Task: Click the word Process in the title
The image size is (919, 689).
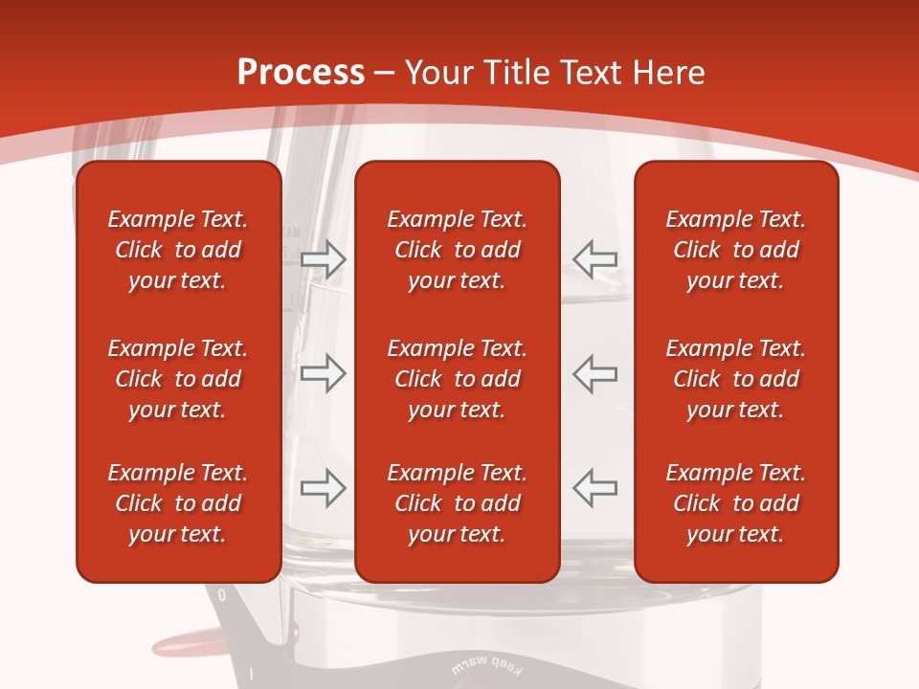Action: [x=301, y=73]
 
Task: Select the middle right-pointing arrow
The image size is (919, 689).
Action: [x=323, y=373]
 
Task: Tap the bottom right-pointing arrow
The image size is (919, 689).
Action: [x=323, y=488]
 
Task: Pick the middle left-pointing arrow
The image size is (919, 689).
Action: [x=594, y=373]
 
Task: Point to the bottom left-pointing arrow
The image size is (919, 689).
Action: [x=594, y=488]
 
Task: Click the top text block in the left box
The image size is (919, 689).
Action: [x=178, y=250]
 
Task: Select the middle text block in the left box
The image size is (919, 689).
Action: [x=178, y=379]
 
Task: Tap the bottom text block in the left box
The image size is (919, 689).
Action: [x=178, y=503]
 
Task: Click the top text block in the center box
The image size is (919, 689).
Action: [x=457, y=250]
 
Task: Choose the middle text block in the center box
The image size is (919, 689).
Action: [x=457, y=379]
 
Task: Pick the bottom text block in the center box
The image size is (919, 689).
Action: [x=457, y=503]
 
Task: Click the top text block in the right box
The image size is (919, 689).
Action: [x=736, y=250]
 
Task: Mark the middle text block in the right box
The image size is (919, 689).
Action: [x=736, y=379]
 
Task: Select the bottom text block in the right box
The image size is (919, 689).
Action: [x=736, y=503]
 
